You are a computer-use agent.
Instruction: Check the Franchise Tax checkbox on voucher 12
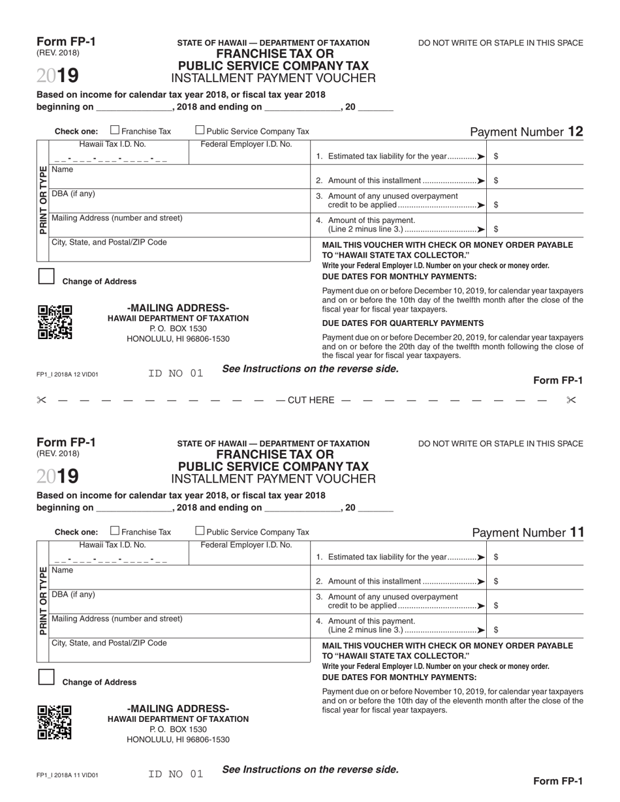(x=116, y=130)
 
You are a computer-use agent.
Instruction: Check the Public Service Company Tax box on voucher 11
(x=200, y=531)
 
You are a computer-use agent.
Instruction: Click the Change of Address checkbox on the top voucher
(x=46, y=276)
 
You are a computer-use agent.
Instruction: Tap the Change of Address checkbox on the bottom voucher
(x=46, y=677)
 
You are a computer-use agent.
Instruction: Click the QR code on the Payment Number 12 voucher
(x=55, y=322)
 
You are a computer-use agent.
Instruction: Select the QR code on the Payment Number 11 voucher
(x=55, y=722)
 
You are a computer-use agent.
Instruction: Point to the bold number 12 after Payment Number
(x=575, y=132)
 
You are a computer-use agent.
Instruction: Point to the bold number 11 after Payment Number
(x=576, y=532)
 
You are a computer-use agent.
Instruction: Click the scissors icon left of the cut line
(x=41, y=400)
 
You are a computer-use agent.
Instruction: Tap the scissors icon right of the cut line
(x=572, y=400)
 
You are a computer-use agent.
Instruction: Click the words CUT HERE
(x=310, y=400)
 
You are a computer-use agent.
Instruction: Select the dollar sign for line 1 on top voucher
(x=497, y=156)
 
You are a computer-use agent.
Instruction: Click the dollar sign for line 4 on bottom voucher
(x=497, y=630)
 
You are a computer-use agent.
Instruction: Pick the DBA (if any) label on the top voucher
(x=73, y=194)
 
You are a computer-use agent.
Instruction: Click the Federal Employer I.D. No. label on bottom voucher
(x=246, y=544)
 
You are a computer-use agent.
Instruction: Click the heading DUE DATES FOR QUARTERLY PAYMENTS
(x=403, y=323)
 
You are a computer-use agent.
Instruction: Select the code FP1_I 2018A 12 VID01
(x=67, y=374)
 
